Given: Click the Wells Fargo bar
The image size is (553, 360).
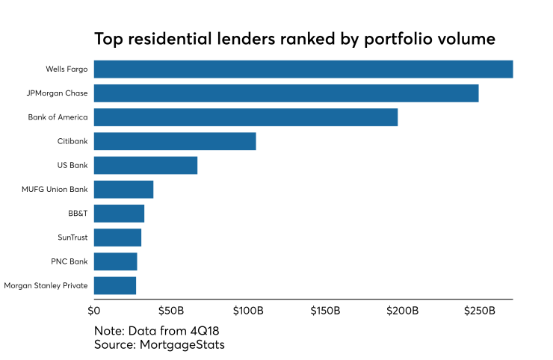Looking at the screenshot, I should click(x=303, y=69).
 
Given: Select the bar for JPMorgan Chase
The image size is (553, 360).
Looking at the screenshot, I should click(x=286, y=93).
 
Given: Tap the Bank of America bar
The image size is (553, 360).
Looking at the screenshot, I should click(x=246, y=117).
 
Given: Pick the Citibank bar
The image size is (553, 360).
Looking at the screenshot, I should click(x=175, y=141).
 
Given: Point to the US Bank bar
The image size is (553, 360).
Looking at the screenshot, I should click(x=146, y=165).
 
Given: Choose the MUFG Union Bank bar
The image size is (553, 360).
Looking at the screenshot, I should click(x=123, y=189).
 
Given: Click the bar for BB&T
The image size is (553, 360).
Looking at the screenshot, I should click(x=119, y=214).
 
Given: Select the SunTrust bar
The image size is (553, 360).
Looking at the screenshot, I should click(x=117, y=238).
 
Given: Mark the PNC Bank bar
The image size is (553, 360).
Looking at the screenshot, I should click(x=115, y=261).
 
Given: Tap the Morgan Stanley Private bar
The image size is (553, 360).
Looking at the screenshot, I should click(x=115, y=285).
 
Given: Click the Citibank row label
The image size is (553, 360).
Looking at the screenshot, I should click(x=72, y=141).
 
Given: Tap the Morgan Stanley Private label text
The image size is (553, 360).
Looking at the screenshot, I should click(x=46, y=285).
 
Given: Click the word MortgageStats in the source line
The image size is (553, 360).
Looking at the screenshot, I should click(x=182, y=344).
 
